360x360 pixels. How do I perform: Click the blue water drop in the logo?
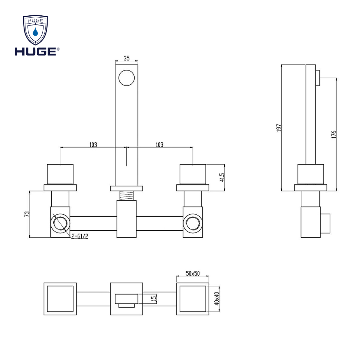click(35, 32)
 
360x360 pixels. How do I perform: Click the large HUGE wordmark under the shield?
click(36, 51)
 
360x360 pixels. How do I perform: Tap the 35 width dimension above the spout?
click(126, 58)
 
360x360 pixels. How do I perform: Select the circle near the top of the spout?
click(126, 78)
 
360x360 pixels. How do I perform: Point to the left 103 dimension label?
click(93, 145)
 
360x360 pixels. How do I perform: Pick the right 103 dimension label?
click(160, 145)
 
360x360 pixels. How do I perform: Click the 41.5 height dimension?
click(222, 177)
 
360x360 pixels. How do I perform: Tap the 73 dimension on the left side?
click(27, 214)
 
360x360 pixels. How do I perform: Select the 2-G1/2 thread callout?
click(79, 236)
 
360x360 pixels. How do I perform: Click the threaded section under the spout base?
click(126, 196)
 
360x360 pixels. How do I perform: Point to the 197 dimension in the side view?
click(279, 127)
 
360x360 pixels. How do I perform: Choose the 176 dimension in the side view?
click(334, 134)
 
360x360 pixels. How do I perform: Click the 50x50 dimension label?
click(193, 273)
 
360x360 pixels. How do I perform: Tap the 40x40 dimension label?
click(217, 299)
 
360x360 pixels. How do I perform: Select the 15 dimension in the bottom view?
click(154, 298)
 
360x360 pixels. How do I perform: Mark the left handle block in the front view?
click(60, 174)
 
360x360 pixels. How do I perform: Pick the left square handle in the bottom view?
click(60, 299)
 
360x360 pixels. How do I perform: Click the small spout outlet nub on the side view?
click(318, 78)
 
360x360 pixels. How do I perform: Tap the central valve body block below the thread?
click(126, 219)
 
